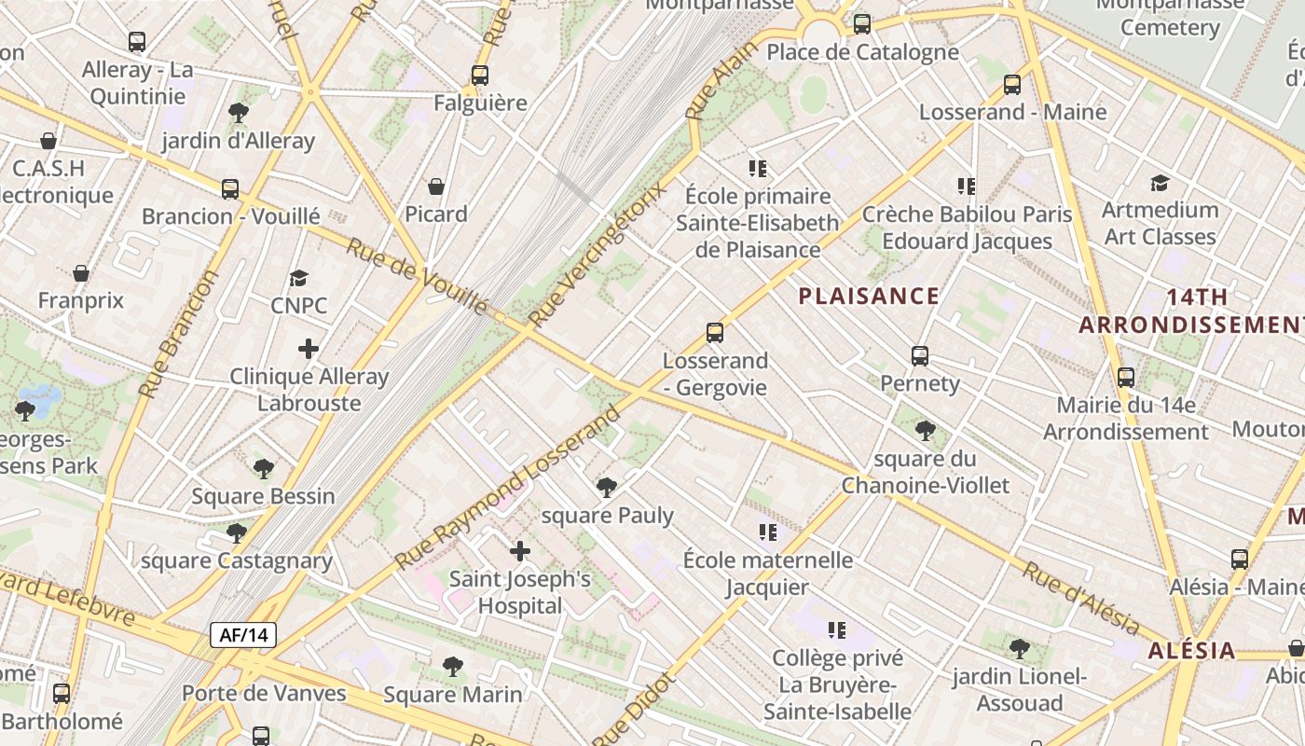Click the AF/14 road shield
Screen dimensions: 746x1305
[x=243, y=636]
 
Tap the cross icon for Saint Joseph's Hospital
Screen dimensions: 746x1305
[x=520, y=551]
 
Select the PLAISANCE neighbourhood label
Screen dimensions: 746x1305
[x=869, y=297]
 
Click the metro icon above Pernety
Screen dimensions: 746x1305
[x=920, y=356]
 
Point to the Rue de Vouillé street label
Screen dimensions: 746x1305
[x=417, y=276]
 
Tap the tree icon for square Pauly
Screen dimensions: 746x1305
[x=607, y=487]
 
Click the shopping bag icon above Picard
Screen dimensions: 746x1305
[x=435, y=186]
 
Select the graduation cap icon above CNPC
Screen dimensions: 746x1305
[x=298, y=278]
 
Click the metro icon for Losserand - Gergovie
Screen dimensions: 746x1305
[x=715, y=333]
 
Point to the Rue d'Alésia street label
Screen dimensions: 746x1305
[x=1080, y=598]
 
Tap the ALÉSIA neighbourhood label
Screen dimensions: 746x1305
[x=1191, y=651]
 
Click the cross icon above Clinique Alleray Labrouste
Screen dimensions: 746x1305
[x=309, y=349]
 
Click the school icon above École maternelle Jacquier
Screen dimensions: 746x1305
[x=767, y=532]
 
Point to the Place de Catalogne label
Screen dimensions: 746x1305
[x=862, y=52]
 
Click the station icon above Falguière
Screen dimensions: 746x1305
[x=480, y=76]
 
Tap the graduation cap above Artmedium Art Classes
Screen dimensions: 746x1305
[x=1160, y=183]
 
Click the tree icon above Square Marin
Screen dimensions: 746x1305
[x=453, y=667]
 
